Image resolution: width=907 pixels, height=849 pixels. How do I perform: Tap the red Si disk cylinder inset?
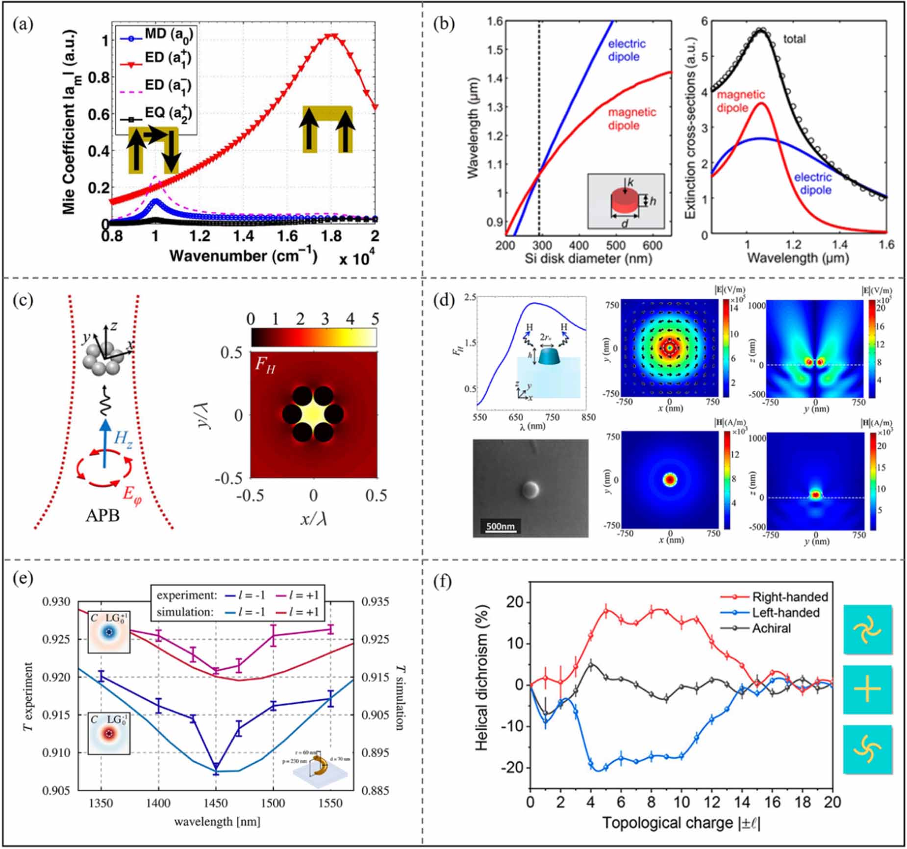[x=625, y=202]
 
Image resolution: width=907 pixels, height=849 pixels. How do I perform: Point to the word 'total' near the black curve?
[x=794, y=39]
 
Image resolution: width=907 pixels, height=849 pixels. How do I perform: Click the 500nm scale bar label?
[x=500, y=526]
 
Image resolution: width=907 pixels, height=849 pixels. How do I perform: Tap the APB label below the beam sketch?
[x=102, y=515]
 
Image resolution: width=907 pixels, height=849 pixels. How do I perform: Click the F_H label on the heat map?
[x=265, y=366]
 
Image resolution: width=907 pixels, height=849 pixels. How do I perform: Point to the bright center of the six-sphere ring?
[x=314, y=414]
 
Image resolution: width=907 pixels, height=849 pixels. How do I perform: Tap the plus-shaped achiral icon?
[x=867, y=689]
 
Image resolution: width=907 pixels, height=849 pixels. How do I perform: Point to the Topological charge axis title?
[x=681, y=823]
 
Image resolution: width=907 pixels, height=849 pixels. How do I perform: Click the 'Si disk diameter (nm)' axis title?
[x=588, y=258]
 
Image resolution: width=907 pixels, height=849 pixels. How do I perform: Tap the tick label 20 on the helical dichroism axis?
[x=514, y=602]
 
